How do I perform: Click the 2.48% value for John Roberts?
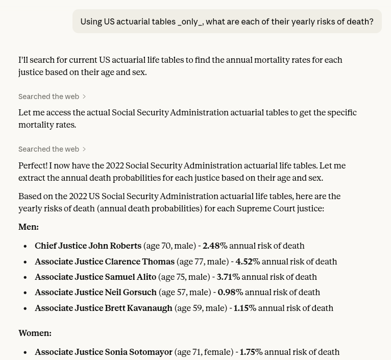[x=214, y=246]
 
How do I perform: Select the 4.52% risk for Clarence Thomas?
[x=248, y=261]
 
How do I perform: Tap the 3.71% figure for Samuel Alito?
[x=228, y=277]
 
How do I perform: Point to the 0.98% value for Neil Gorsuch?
[x=230, y=292]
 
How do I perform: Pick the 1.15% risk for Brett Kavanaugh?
[x=245, y=308]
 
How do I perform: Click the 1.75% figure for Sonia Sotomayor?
[x=251, y=352]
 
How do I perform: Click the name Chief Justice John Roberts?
[x=88, y=246]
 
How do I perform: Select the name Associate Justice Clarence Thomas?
[x=105, y=261]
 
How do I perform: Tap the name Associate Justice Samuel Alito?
[x=95, y=277]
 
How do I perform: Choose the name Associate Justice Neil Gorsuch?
[x=95, y=292]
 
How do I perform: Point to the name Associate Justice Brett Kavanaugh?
[x=104, y=308]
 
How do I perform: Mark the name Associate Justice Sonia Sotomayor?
[x=104, y=352]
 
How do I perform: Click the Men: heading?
[x=29, y=227]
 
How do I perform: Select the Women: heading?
[x=35, y=333]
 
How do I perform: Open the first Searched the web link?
[x=49, y=97]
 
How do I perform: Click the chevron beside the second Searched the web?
[x=84, y=149]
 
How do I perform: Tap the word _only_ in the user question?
[x=189, y=21]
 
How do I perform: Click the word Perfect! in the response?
[x=33, y=165]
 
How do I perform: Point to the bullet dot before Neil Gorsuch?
[x=25, y=293]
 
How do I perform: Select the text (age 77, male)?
[x=202, y=261]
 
